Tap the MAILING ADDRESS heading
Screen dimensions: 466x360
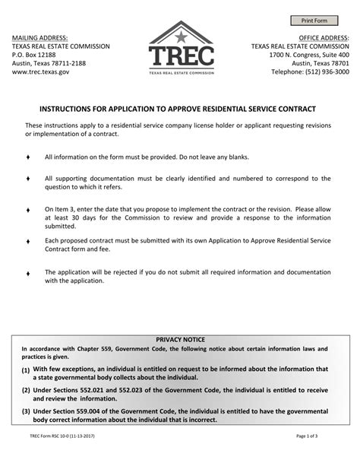39,36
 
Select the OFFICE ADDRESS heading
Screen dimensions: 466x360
324,36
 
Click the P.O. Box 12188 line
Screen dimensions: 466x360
33,55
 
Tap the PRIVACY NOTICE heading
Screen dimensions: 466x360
180,340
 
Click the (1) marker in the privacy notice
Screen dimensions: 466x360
26,371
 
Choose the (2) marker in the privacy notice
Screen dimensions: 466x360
26,390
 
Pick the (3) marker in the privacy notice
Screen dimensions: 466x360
26,411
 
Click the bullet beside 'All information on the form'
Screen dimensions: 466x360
27,157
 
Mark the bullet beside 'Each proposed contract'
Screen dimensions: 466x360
27,241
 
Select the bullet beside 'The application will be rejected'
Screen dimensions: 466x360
27,272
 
